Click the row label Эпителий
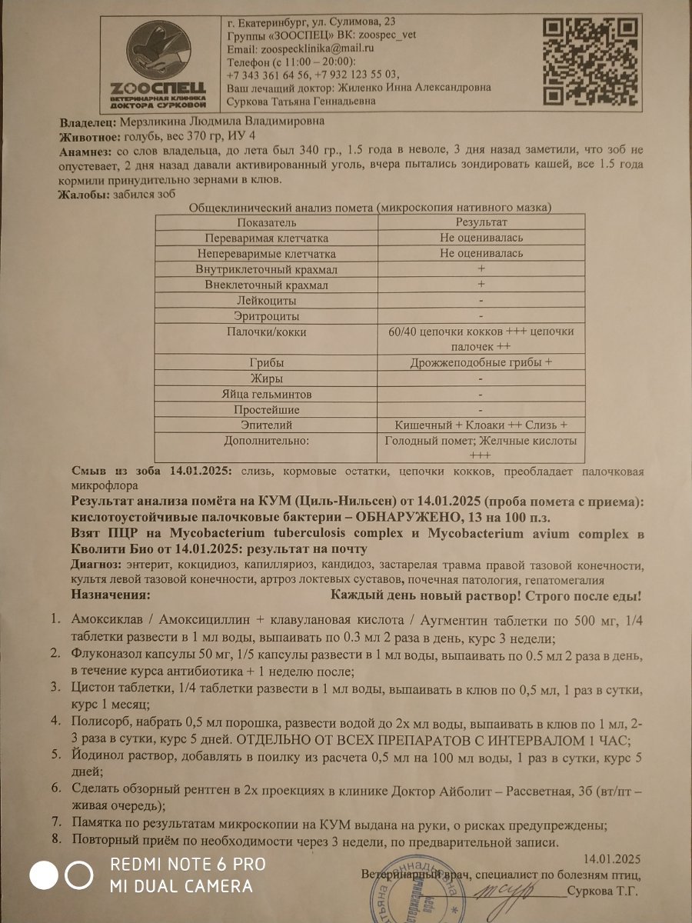click(266, 425)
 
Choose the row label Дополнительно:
click(266, 441)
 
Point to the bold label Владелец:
click(88, 122)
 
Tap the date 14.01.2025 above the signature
click(611, 858)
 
